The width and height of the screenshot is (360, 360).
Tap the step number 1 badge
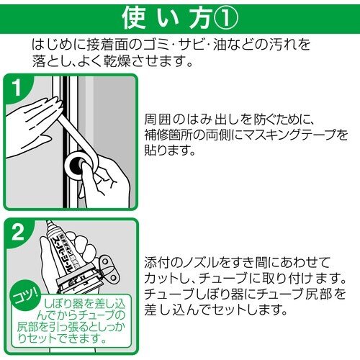click(18, 89)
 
